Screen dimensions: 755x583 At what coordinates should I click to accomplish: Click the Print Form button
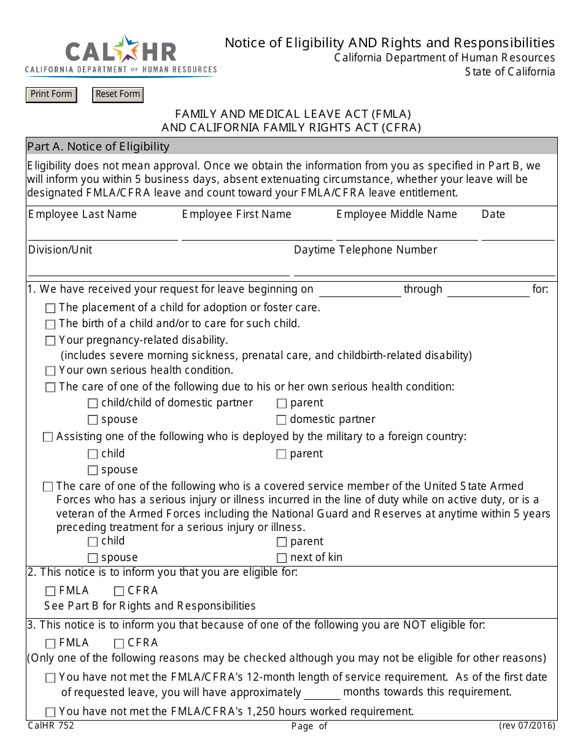click(x=52, y=95)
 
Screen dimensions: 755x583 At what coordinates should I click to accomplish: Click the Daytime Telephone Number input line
click(x=424, y=269)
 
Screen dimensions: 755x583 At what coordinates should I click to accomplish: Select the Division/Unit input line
click(x=158, y=269)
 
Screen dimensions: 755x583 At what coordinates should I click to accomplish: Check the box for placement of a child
click(x=50, y=308)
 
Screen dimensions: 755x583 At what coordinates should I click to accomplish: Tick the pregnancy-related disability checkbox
click(x=50, y=341)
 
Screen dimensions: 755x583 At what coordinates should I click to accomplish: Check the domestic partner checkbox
click(x=281, y=420)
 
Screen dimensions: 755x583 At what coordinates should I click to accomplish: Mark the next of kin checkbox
click(x=281, y=558)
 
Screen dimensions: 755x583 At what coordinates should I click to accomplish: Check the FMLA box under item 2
click(x=50, y=591)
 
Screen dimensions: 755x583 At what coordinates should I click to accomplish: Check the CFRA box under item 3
click(x=119, y=643)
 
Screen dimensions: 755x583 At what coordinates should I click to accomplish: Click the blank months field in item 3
click(x=322, y=693)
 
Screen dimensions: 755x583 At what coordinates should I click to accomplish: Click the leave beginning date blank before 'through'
click(x=360, y=290)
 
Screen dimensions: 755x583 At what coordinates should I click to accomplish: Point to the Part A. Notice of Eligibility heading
click(x=98, y=146)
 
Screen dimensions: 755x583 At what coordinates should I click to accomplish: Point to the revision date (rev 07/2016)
click(x=527, y=726)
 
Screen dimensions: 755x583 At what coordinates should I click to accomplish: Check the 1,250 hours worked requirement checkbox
click(x=50, y=712)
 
